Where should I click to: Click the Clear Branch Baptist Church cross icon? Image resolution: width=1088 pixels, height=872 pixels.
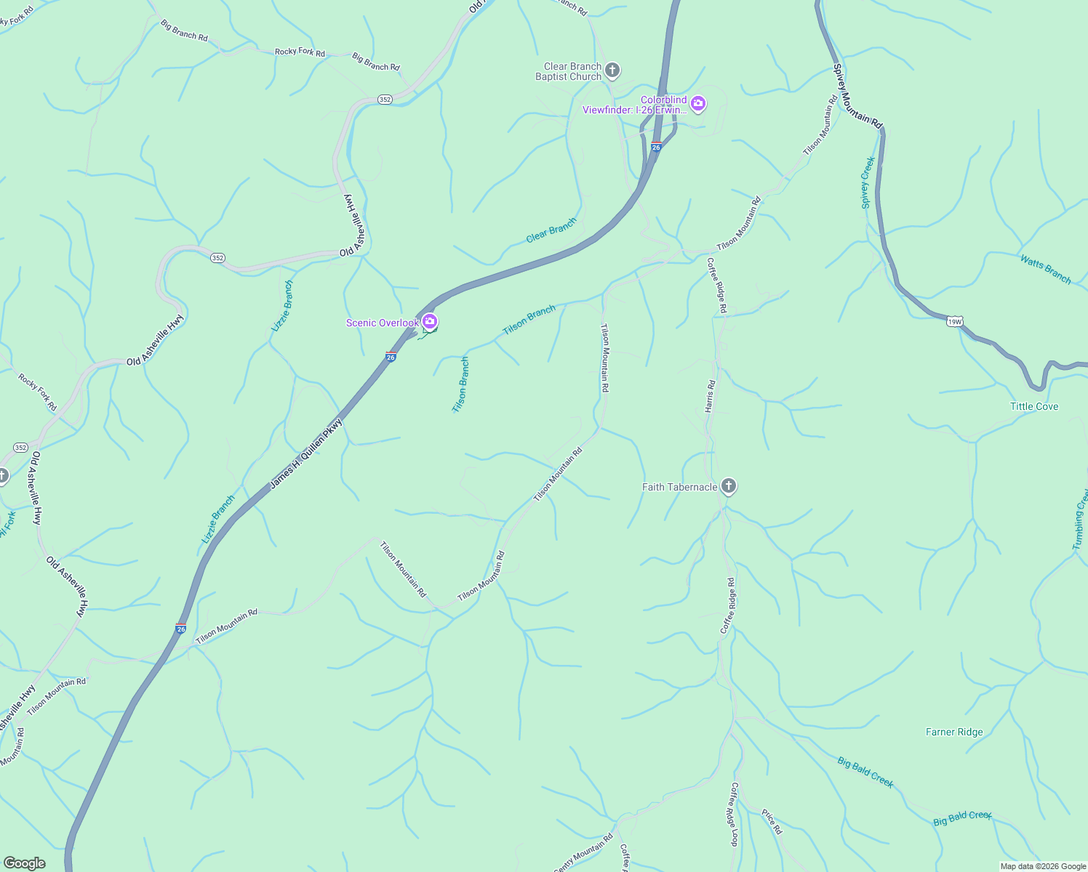click(612, 70)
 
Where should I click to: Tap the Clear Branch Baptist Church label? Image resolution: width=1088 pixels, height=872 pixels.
click(569, 71)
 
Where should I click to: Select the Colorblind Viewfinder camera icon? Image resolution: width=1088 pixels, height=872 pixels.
click(698, 104)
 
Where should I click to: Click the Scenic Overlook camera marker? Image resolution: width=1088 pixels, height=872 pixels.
click(430, 321)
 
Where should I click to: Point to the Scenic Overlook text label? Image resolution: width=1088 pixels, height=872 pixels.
click(382, 323)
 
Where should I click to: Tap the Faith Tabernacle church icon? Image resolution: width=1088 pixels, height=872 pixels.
click(729, 486)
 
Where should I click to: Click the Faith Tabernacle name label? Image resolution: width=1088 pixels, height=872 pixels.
click(679, 487)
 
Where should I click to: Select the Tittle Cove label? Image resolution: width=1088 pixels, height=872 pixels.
click(1034, 406)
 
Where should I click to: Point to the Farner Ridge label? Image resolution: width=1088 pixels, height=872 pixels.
click(954, 732)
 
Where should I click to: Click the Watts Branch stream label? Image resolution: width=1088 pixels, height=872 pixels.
click(1046, 269)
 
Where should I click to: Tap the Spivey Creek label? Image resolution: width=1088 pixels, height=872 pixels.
click(867, 182)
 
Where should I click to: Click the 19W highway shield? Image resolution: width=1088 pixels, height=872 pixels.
click(955, 321)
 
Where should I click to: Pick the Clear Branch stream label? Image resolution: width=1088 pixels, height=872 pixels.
click(551, 230)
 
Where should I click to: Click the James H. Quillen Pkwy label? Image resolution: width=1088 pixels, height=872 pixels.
click(305, 453)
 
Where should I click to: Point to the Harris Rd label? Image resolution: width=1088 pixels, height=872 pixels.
click(710, 396)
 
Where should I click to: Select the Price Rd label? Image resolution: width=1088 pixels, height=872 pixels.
click(772, 821)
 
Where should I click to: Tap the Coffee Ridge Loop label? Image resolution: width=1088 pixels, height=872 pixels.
click(735, 814)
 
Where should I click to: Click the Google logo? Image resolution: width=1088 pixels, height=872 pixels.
click(25, 863)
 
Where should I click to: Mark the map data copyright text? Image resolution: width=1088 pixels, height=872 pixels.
click(1043, 866)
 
